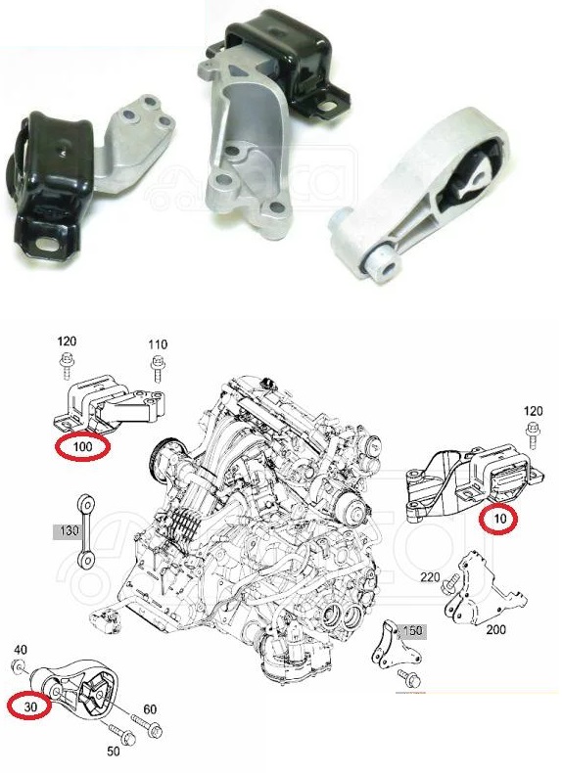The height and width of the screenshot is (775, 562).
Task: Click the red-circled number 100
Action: click(x=82, y=447)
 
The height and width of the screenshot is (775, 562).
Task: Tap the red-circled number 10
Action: click(x=499, y=519)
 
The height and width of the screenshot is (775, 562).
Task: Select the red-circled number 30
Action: click(x=30, y=707)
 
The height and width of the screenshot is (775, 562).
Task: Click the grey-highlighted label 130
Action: click(x=70, y=531)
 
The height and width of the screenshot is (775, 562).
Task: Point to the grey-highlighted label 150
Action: click(x=412, y=631)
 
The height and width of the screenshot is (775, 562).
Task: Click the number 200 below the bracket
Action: click(x=495, y=630)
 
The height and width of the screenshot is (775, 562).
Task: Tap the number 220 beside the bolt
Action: click(x=431, y=576)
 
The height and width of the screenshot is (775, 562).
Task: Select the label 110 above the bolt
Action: click(x=158, y=344)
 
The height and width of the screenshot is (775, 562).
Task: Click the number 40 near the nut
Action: click(x=21, y=649)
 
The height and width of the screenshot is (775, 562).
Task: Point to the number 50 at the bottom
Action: click(x=114, y=751)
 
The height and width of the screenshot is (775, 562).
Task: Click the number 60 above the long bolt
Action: click(x=150, y=709)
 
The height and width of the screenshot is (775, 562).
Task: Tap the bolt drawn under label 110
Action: click(x=158, y=368)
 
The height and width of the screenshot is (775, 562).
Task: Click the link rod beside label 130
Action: click(x=86, y=528)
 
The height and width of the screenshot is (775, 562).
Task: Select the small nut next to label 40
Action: click(x=19, y=667)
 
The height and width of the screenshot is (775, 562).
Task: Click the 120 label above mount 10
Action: click(x=533, y=410)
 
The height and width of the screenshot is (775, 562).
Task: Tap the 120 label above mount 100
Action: click(x=67, y=341)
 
